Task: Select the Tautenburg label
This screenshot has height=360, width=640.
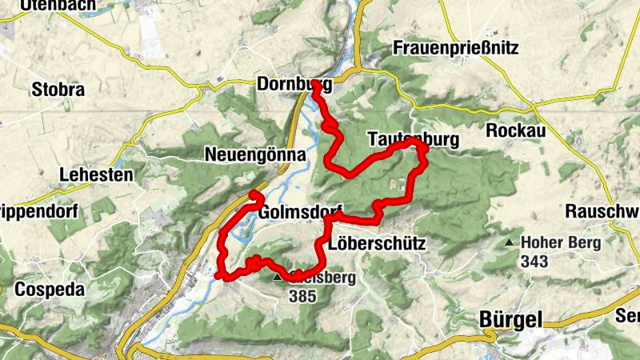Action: [x=413, y=140]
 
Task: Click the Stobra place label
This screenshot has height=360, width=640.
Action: [x=58, y=89]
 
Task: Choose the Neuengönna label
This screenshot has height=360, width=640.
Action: [x=255, y=155]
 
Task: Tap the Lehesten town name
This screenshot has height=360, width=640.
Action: [x=95, y=174]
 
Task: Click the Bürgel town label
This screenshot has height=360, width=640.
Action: [x=510, y=319]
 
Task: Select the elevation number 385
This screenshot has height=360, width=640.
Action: [x=302, y=295]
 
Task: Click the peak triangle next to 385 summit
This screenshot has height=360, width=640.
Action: [x=278, y=278]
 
